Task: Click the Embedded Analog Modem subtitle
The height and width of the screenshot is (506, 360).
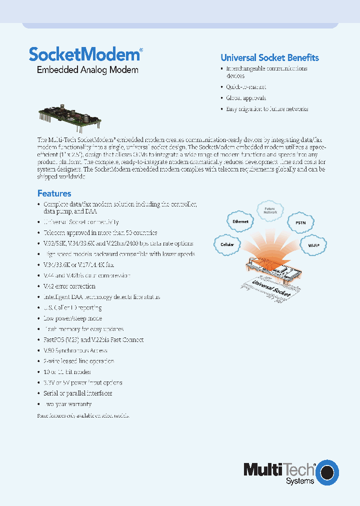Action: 87,70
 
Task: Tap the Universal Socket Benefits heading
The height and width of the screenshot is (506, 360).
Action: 269,57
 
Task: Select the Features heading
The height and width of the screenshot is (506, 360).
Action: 54,193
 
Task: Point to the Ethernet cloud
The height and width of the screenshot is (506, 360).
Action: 240,221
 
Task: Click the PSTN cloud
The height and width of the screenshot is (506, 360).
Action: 300,223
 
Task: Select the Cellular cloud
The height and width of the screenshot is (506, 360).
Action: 227,244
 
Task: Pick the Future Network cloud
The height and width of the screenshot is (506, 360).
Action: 270,210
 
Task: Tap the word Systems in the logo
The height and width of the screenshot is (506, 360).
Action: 300,481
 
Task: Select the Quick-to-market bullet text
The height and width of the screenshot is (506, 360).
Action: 246,87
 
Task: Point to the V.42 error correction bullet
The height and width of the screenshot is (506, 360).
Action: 69,286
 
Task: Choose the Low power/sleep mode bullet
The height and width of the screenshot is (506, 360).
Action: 72,318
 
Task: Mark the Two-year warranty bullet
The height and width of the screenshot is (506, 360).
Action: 67,404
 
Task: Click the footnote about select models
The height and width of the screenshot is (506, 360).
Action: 83,415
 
